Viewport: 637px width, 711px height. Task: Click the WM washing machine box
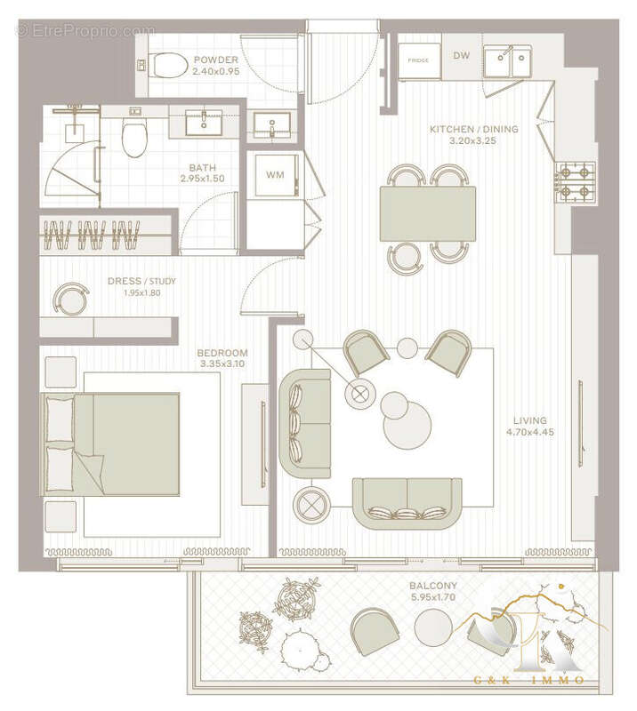[x=275, y=174]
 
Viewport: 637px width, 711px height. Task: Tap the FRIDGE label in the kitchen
[x=418, y=60]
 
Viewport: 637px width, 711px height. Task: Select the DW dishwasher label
[x=461, y=56]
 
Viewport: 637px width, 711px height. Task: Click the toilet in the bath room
[x=134, y=138]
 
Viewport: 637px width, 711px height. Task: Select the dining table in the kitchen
[x=427, y=213]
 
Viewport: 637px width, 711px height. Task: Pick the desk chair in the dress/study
[x=69, y=297]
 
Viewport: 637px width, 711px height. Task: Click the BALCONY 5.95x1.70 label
[x=433, y=593]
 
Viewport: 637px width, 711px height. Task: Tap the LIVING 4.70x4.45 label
[x=530, y=427]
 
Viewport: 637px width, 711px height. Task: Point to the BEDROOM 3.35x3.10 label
[x=222, y=358]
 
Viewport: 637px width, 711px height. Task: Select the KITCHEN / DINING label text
[x=473, y=130]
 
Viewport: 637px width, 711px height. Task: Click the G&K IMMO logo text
[x=529, y=680]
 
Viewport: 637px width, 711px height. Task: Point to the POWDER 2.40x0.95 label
[x=215, y=66]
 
